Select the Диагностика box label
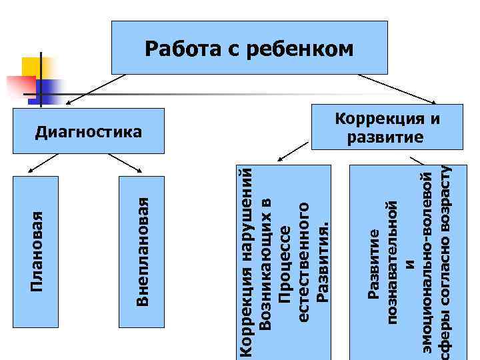click(89, 131)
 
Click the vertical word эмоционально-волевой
click(429, 267)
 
